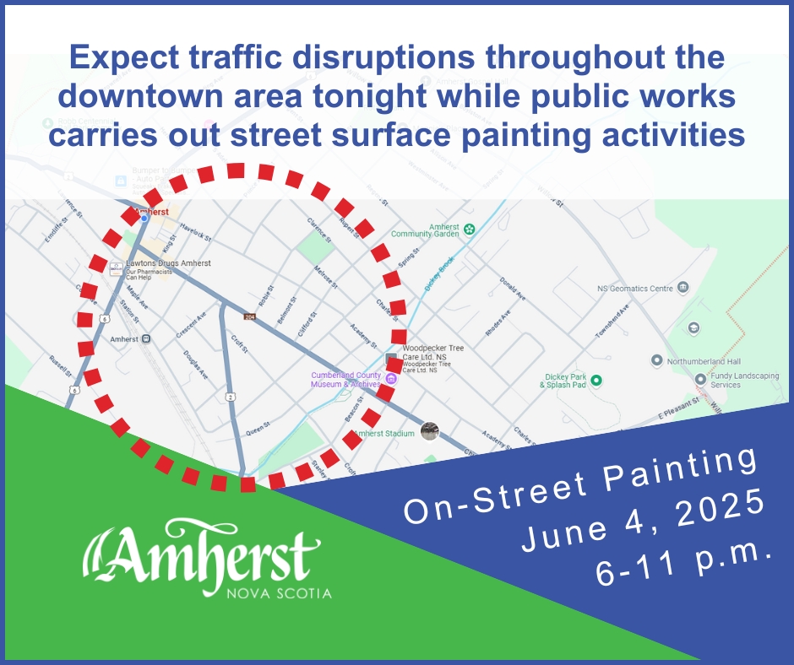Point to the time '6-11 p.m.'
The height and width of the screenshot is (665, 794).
(684, 564)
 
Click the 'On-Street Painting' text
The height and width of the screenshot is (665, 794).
(579, 483)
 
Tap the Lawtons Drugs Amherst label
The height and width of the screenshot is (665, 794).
(168, 263)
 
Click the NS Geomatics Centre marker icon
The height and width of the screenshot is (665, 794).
(682, 289)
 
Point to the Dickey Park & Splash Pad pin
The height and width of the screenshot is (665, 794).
(595, 381)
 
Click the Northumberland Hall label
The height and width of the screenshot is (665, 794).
(704, 360)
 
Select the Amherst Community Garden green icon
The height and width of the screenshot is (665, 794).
(470, 229)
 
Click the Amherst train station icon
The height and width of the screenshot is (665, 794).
(146, 339)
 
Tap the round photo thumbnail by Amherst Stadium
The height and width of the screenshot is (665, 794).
(430, 432)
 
